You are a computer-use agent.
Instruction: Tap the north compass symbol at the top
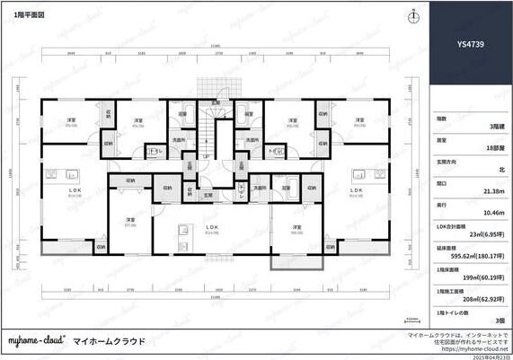pyautogui.click(x=411, y=16)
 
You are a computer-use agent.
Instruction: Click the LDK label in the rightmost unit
pyautogui.click(x=357, y=190)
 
